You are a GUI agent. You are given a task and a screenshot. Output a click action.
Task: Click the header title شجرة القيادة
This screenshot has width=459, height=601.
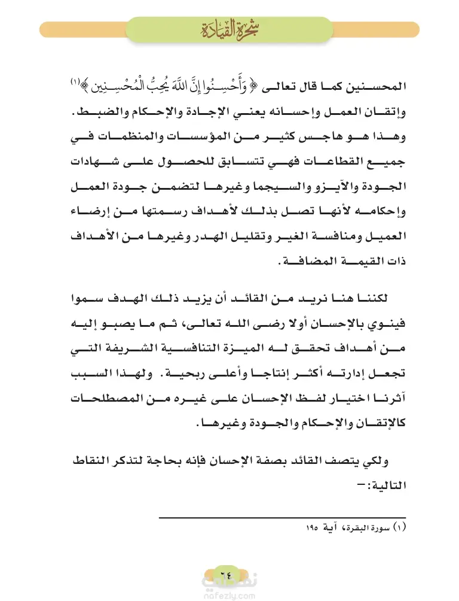click(229, 28)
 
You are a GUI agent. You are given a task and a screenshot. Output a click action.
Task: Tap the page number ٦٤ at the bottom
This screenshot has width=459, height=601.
click(229, 569)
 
